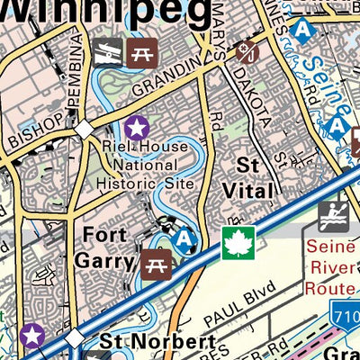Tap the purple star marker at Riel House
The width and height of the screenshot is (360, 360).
tap(136, 127)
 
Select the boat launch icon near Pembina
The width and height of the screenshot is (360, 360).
tap(105, 52)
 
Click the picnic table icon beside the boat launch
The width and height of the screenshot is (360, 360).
tap(139, 52)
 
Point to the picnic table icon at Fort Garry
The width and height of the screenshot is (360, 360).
tap(154, 264)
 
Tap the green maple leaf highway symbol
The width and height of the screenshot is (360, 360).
tap(239, 242)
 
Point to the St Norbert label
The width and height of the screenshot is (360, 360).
tap(157, 343)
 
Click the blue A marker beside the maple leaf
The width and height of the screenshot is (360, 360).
tap(185, 239)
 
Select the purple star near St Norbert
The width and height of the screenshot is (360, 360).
tap(32, 336)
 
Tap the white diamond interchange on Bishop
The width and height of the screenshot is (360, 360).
tap(84, 130)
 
